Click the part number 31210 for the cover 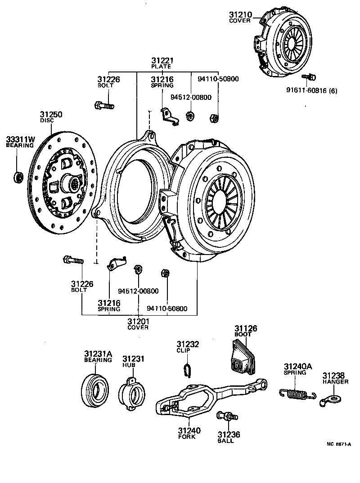242,14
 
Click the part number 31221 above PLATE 162,60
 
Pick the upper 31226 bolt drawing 104,106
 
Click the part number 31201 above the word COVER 138,321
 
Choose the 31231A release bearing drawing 96,387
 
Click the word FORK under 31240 187,437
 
